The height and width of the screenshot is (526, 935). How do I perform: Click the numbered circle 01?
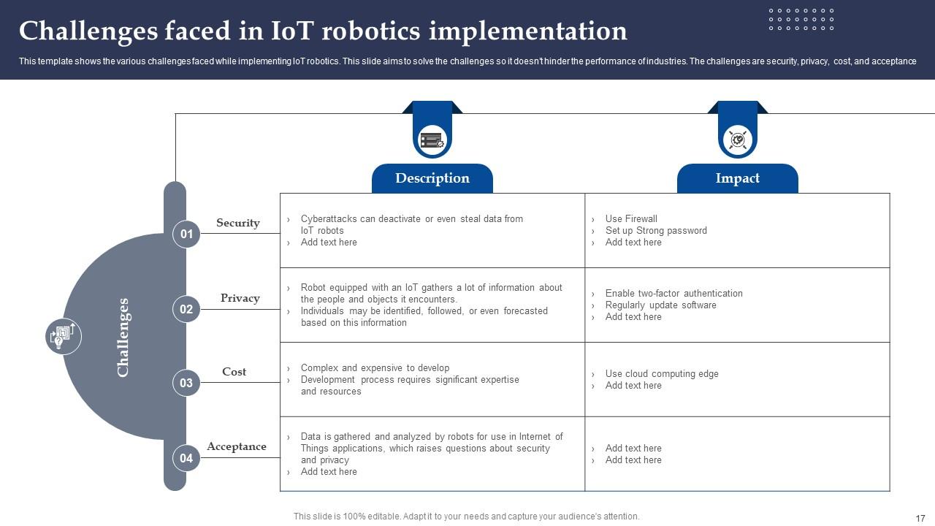click(x=186, y=234)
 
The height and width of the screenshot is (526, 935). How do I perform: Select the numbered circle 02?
click(x=186, y=309)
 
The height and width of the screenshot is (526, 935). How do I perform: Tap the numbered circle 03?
click(x=186, y=383)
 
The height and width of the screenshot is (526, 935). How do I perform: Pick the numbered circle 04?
click(x=186, y=458)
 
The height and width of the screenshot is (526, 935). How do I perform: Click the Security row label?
click(x=237, y=223)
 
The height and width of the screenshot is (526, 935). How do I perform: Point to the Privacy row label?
click(x=240, y=298)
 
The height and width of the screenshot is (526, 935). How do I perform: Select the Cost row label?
click(x=234, y=372)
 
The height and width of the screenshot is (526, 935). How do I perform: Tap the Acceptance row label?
click(x=236, y=446)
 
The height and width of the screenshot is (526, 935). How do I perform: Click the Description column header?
click(x=432, y=178)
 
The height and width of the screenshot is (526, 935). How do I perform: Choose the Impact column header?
click(x=737, y=178)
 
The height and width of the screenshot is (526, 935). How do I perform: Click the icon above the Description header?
click(x=432, y=139)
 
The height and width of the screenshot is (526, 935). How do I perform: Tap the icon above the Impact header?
click(x=737, y=139)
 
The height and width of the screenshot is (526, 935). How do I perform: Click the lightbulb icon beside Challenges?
click(x=63, y=336)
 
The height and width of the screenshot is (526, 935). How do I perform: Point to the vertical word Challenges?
click(x=123, y=337)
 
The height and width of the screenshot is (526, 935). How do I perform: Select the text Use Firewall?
click(x=630, y=218)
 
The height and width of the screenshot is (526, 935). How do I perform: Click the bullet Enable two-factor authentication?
click(x=673, y=293)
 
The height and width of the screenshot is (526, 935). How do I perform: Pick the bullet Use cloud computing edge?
click(x=661, y=373)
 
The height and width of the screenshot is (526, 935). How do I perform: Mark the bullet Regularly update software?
click(x=660, y=305)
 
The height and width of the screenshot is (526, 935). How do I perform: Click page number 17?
click(x=920, y=517)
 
